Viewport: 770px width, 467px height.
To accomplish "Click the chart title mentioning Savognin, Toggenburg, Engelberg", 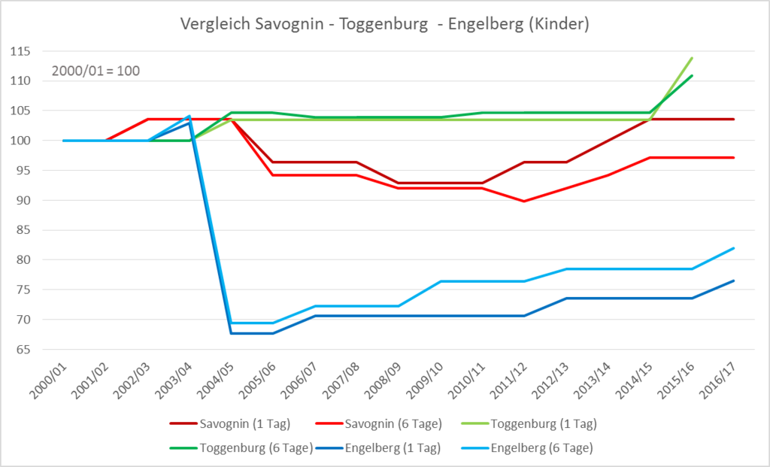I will (384, 24).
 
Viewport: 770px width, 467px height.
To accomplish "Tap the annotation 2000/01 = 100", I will (95, 71).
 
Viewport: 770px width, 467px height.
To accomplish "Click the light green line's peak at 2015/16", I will (692, 58).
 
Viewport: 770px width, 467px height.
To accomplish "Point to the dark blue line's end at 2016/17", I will (733, 281).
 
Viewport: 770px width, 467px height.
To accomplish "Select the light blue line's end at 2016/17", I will (733, 248).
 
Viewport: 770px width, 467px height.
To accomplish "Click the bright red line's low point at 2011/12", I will (523, 202).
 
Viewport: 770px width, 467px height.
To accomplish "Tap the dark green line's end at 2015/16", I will (692, 75).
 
